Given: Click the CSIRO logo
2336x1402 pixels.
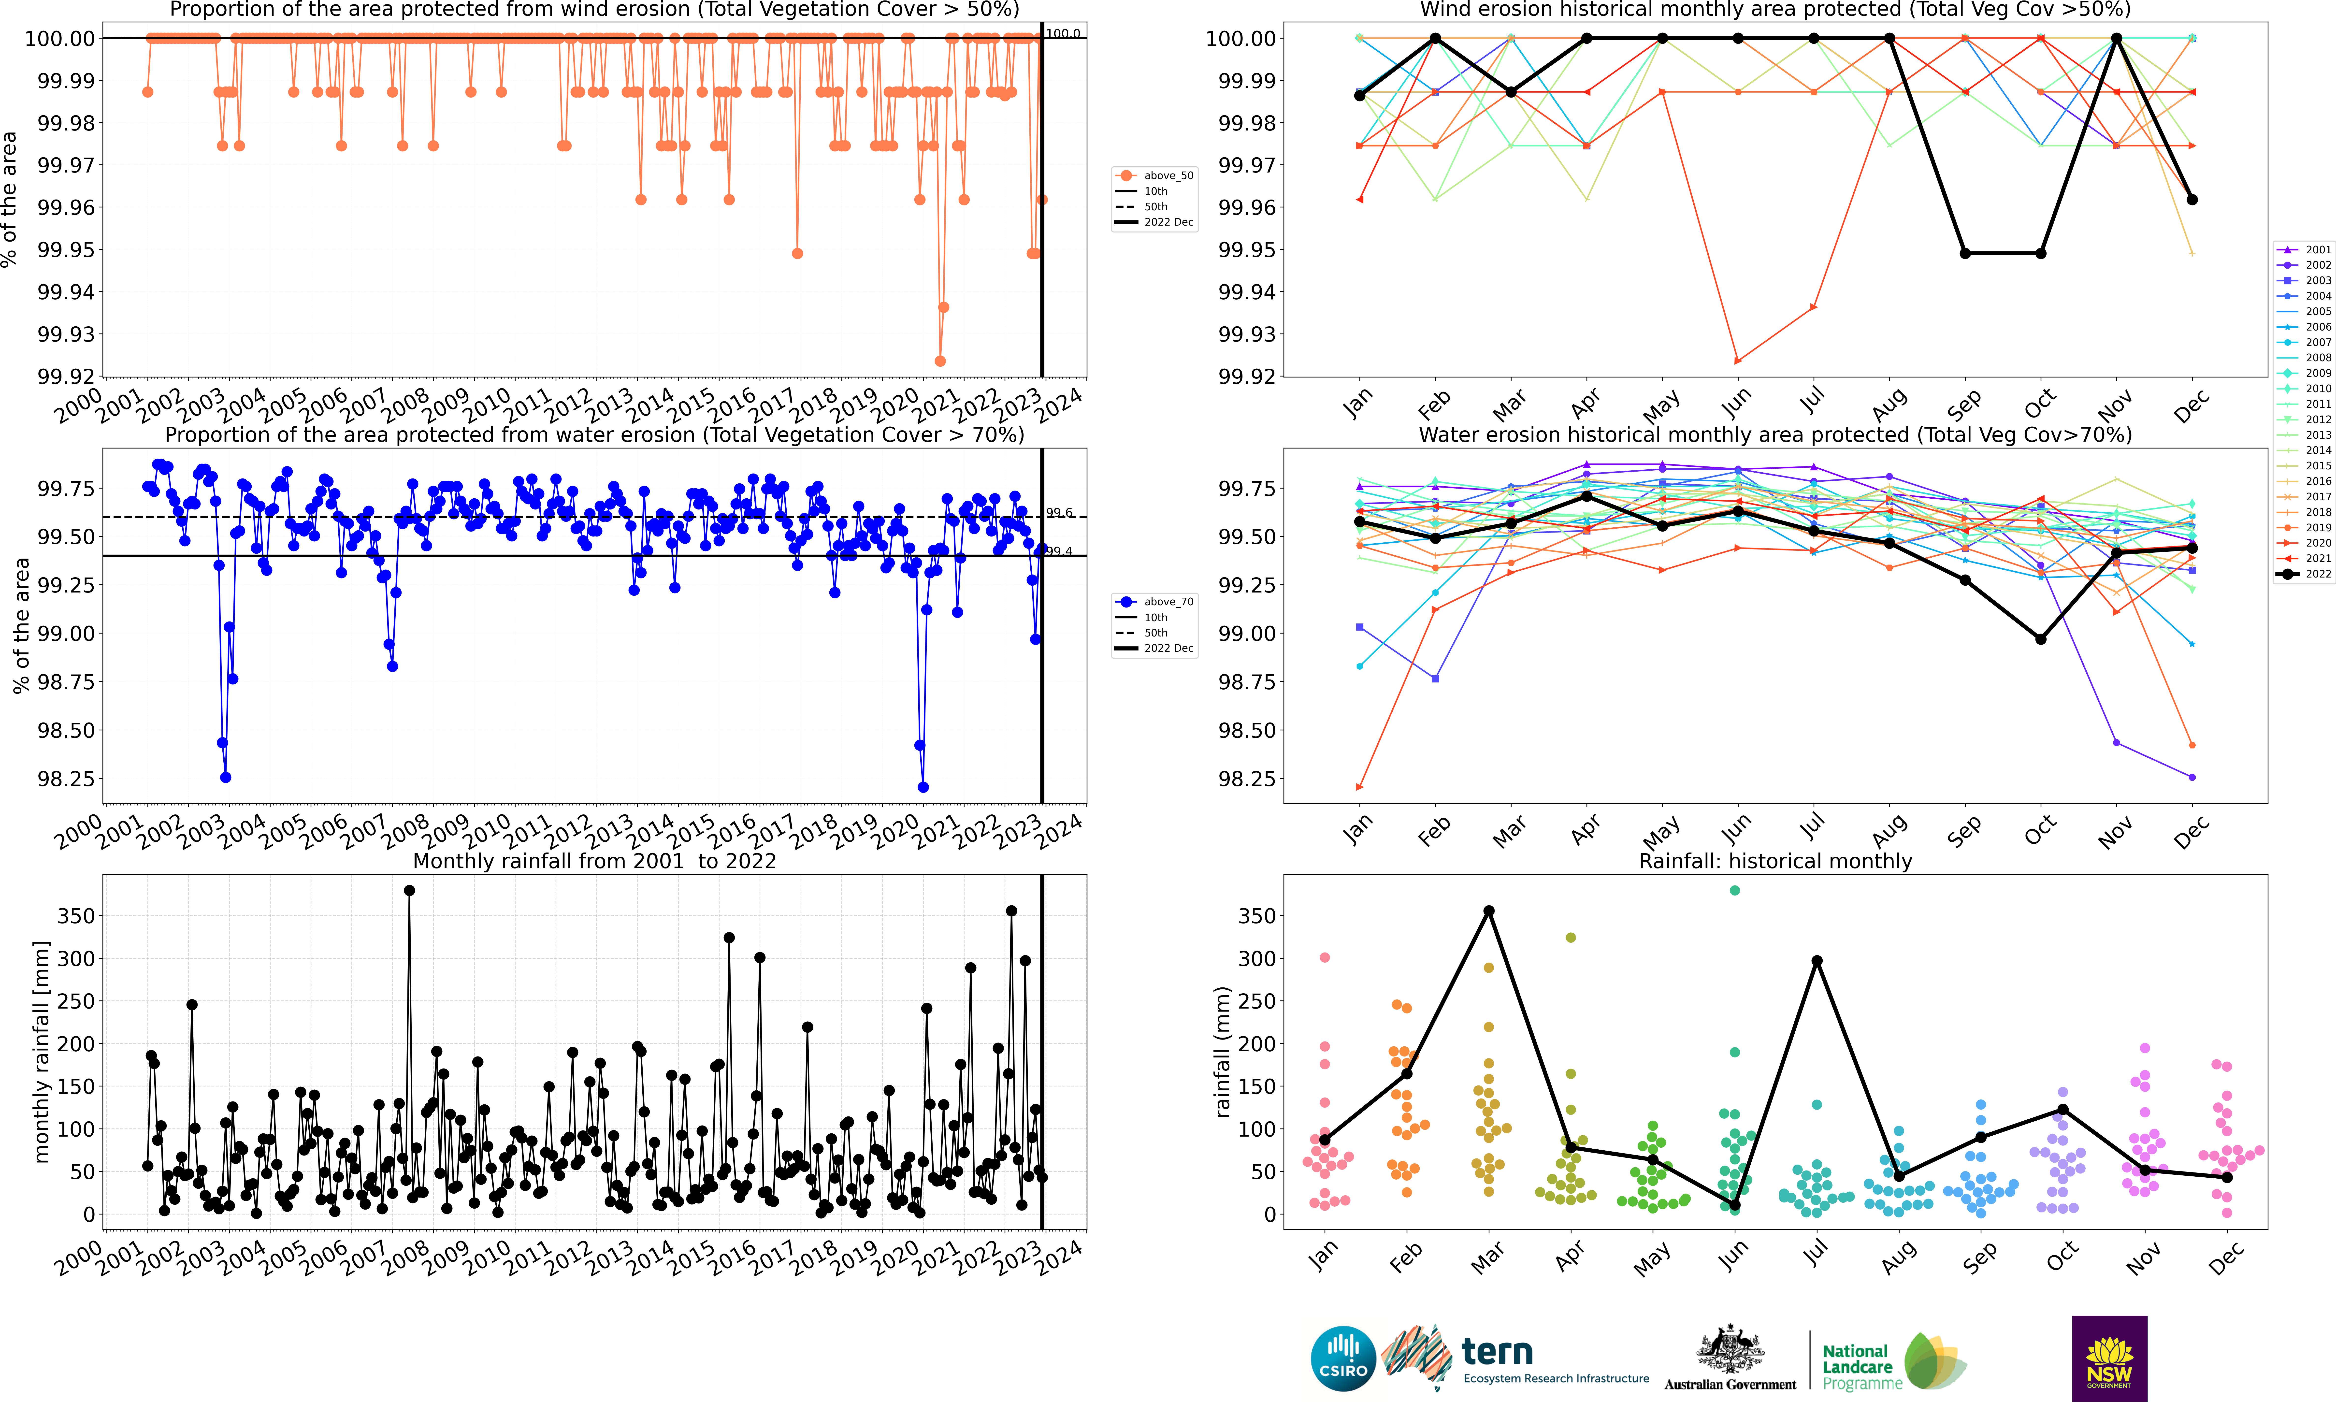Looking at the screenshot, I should (1342, 1359).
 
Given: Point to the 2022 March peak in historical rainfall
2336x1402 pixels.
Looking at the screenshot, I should (1489, 911).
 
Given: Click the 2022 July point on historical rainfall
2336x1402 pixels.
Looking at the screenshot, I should (1817, 961).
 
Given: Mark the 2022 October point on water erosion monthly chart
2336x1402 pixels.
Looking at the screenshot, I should (2040, 640).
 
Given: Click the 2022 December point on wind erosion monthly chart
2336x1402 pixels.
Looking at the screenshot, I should (2192, 199).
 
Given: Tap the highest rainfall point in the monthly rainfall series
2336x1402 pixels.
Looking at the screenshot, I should (409, 890).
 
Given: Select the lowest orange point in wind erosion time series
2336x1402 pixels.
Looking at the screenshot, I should (940, 361).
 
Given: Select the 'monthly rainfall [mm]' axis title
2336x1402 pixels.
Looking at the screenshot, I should (41, 1052).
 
